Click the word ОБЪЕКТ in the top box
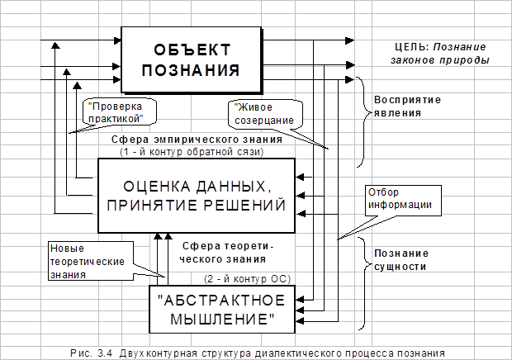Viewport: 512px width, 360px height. [x=192, y=50]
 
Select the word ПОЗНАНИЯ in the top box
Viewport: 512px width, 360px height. [x=191, y=70]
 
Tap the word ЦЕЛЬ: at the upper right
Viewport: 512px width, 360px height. [x=411, y=47]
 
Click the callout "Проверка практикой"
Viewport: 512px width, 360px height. [x=120, y=112]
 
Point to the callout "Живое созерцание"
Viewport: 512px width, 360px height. [x=265, y=114]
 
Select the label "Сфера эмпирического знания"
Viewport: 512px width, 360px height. [x=197, y=140]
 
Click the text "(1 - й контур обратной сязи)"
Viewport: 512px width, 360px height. [x=192, y=152]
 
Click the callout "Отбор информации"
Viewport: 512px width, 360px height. [x=403, y=201]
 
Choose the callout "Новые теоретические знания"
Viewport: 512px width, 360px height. [x=91, y=261]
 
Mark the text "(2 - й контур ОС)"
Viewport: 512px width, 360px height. [x=247, y=279]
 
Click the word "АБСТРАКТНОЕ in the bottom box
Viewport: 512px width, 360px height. [x=221, y=301]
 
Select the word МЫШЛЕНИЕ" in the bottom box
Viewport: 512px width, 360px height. [x=223, y=319]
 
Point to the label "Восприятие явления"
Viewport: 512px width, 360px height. [x=407, y=106]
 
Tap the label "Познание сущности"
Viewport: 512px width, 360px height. [x=401, y=260]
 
